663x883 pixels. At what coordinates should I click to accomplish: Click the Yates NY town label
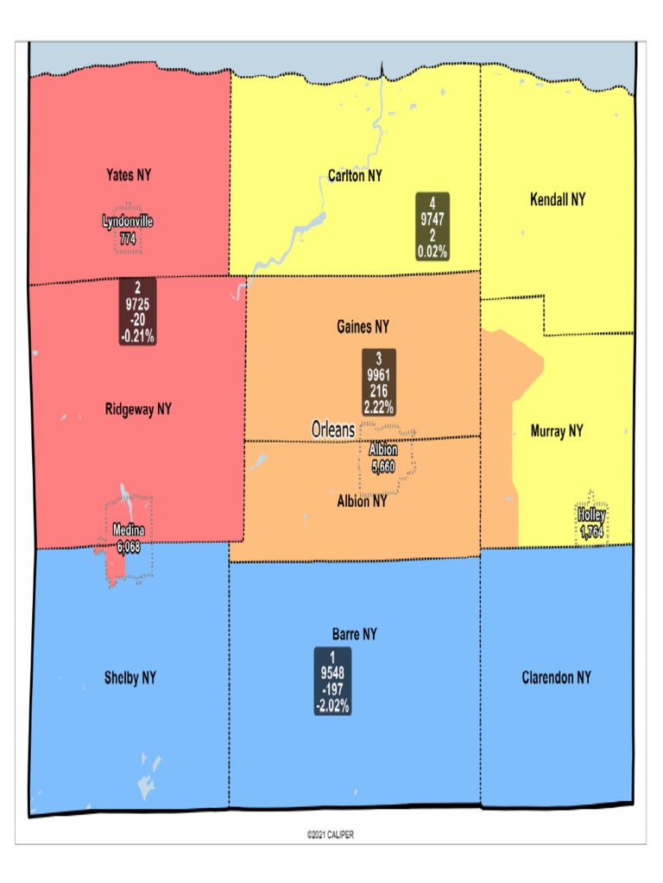click(128, 174)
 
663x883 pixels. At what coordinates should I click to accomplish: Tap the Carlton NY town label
click(355, 176)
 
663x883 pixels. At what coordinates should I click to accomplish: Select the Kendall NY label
click(557, 199)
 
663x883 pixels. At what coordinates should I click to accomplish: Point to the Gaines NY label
click(363, 327)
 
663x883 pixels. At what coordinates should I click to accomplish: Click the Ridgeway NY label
click(138, 409)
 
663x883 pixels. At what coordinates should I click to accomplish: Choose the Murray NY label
click(557, 430)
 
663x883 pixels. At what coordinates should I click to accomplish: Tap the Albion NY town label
click(362, 500)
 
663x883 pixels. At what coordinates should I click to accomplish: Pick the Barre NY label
click(355, 634)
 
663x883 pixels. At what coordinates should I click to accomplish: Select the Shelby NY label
click(130, 677)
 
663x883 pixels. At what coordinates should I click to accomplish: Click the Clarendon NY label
click(557, 677)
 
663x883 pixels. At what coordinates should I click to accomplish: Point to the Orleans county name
click(332, 429)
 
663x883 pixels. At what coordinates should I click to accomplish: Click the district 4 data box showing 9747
click(433, 226)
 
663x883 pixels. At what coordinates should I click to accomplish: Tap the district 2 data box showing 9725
click(137, 312)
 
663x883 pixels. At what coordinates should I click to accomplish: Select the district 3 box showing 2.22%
click(378, 382)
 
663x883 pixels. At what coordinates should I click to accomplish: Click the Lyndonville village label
click(128, 222)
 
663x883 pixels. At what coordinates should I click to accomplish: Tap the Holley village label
click(591, 516)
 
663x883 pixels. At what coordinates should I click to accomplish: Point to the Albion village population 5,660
click(383, 467)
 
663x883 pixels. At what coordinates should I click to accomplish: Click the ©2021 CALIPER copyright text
click(330, 835)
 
